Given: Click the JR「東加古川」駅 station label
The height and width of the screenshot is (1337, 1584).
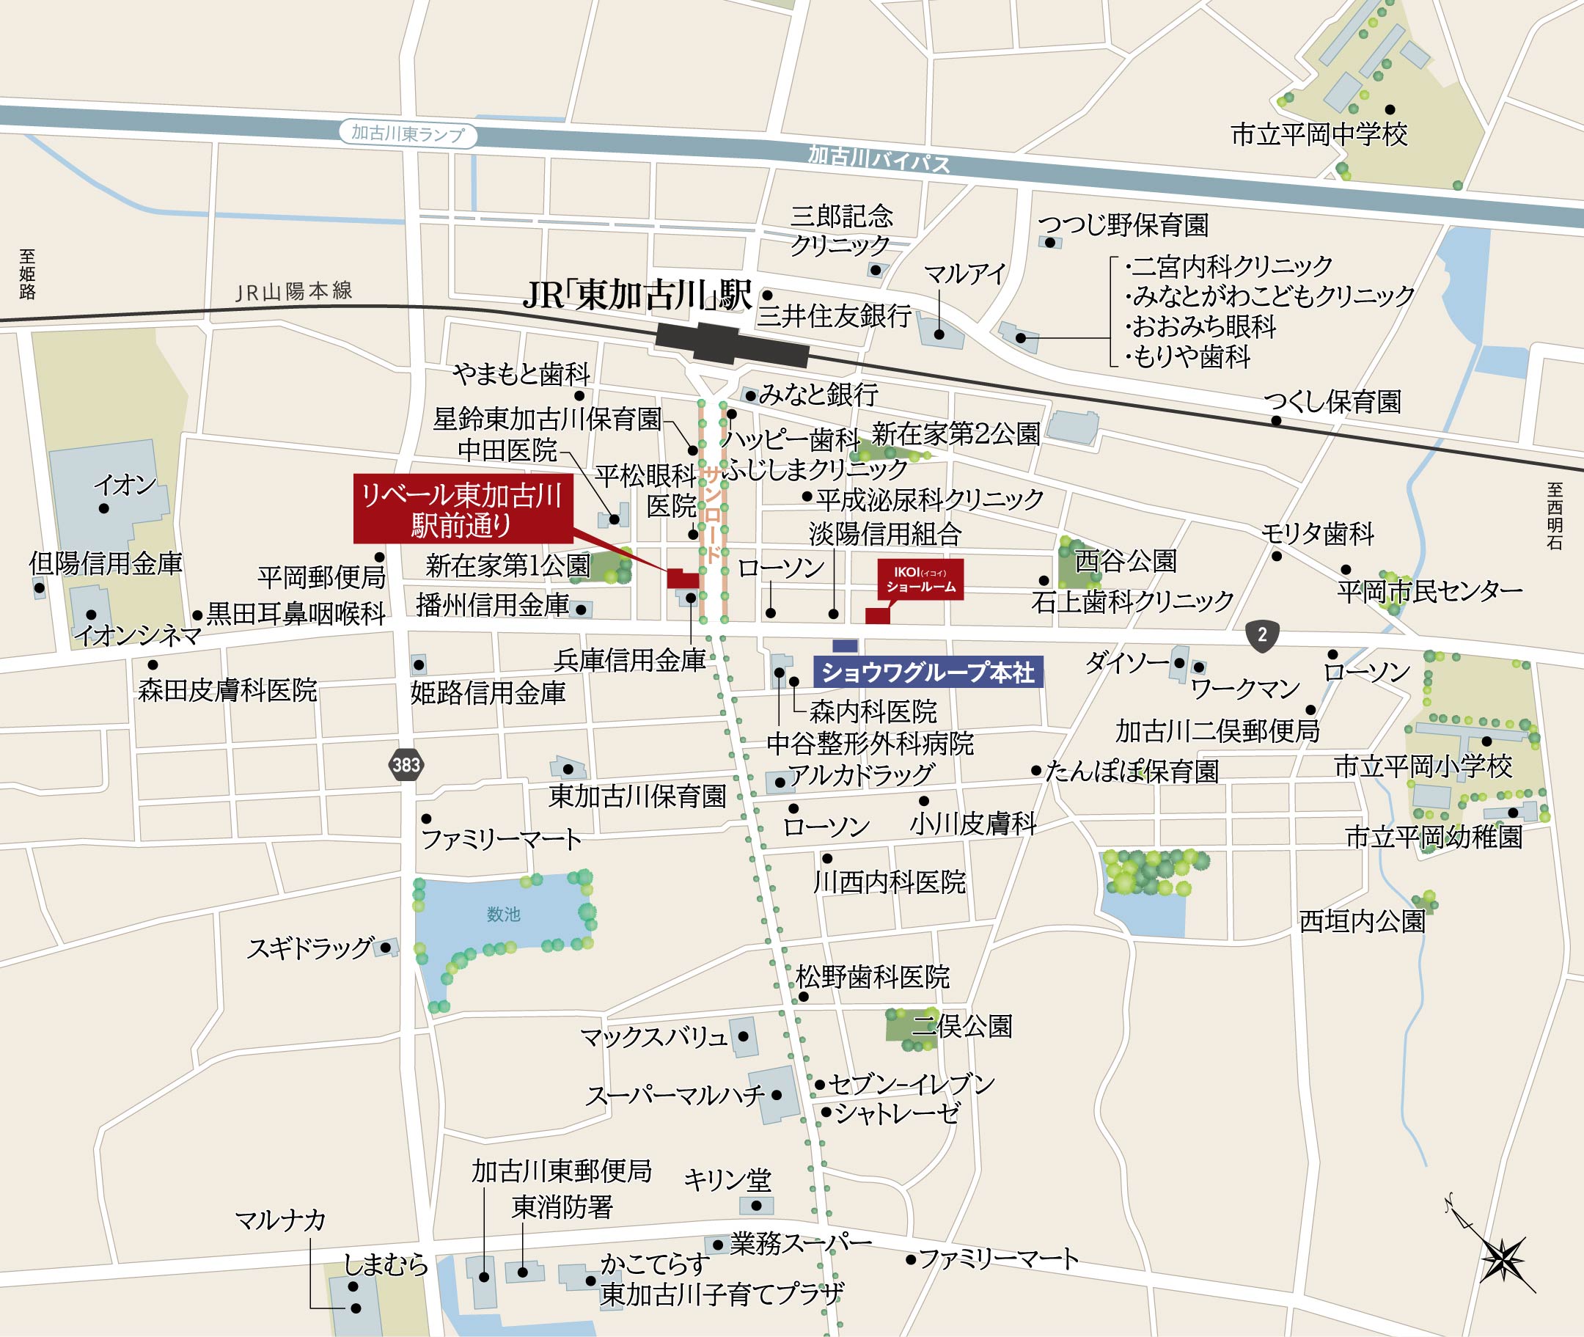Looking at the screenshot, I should (637, 295).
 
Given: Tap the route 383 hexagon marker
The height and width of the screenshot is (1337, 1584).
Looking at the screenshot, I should (406, 765).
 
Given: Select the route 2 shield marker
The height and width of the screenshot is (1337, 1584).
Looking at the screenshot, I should (1262, 634).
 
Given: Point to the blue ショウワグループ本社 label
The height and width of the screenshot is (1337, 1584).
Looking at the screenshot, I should (928, 672).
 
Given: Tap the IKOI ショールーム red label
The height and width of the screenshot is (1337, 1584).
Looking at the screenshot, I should (921, 580).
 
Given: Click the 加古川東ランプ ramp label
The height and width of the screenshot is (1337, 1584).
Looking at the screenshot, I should (408, 134).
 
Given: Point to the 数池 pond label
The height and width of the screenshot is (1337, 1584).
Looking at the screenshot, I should (503, 915).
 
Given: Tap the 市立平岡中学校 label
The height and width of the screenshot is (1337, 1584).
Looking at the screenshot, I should (1319, 135).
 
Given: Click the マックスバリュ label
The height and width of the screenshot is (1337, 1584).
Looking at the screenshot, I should (653, 1037).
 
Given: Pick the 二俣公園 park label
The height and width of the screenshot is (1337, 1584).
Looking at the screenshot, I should (962, 1026).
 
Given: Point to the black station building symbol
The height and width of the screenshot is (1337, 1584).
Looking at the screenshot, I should (731, 345).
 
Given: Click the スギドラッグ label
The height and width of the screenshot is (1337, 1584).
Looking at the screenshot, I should (311, 948).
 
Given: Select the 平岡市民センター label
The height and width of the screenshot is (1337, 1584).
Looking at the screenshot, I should (1429, 590).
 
